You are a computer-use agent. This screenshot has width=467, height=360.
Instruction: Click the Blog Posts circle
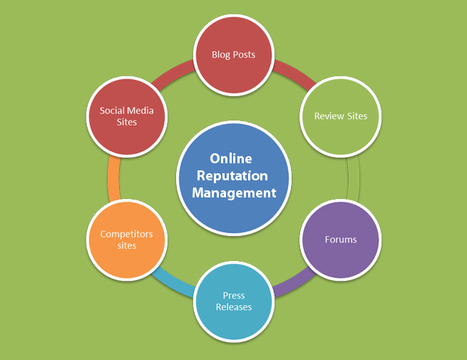coord(234,55)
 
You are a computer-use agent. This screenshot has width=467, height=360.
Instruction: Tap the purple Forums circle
coord(340,240)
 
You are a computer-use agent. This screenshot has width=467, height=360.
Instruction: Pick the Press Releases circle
coord(234,301)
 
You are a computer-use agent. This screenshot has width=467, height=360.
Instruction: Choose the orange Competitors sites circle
coord(127,240)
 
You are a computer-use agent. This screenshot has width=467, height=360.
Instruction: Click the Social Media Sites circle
coord(127,116)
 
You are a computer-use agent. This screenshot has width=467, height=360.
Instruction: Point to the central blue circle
coord(234,178)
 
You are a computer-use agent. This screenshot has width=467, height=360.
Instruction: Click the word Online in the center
coord(230,159)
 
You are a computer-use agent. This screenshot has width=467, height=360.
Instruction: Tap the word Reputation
coord(233,176)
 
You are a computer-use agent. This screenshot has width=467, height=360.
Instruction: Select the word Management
coord(233,193)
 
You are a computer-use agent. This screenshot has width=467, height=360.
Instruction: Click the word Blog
coord(221,55)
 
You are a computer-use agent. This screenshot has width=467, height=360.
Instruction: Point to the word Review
coord(327,116)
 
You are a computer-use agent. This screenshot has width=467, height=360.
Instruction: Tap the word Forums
coord(340,240)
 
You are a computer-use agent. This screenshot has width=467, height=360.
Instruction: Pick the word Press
coord(234,295)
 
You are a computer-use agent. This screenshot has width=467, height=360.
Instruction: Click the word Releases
coord(234,307)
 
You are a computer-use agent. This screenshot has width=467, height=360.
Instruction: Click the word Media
coord(141,110)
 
